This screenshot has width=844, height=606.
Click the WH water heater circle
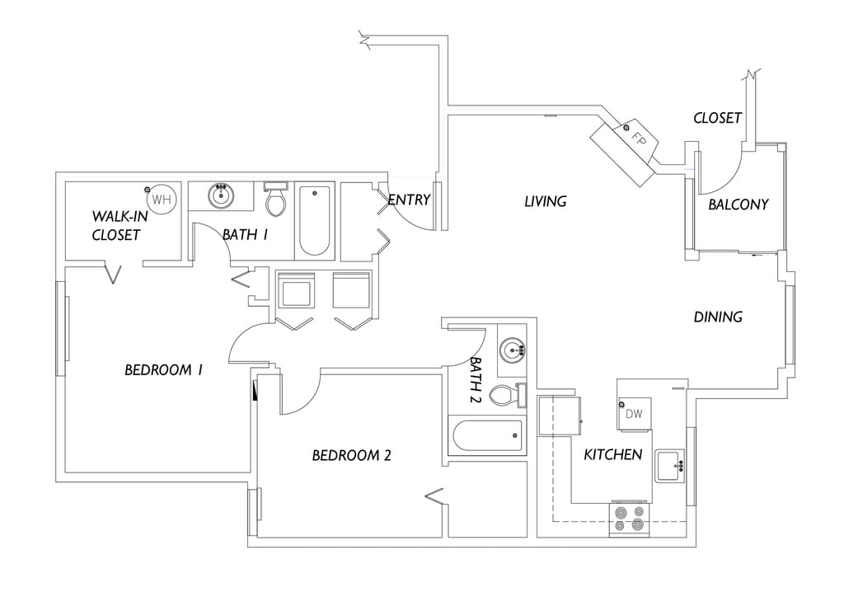point(162,200)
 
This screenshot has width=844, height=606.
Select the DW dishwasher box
point(634,414)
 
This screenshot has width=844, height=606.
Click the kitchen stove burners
point(630,519)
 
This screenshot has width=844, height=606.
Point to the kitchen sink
point(670,466)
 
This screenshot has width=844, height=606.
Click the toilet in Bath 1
point(276,200)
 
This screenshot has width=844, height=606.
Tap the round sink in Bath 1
point(221,195)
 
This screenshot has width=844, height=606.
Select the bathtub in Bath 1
point(314,221)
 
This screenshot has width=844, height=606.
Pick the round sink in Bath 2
point(511,350)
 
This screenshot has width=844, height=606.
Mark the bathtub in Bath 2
point(488,435)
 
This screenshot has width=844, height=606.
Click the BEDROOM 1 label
point(164,370)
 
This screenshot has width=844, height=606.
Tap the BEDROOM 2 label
point(351,456)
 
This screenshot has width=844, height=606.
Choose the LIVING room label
point(546,201)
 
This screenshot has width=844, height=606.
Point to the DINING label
point(718,317)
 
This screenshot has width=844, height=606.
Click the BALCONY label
point(738,204)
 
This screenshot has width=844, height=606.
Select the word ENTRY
point(409,200)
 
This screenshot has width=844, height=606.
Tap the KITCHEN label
point(613,454)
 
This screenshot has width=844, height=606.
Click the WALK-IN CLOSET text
point(116,226)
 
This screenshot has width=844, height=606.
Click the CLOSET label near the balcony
point(718,118)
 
